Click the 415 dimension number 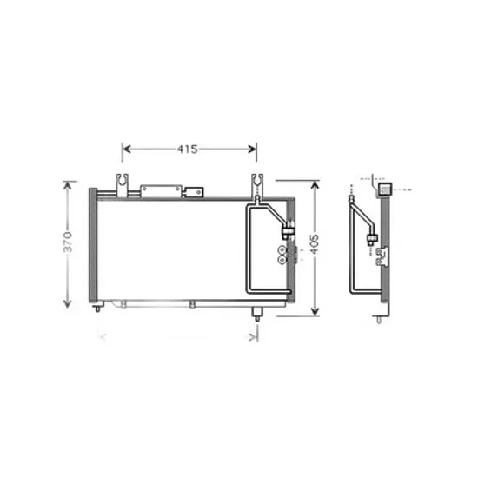[187, 149]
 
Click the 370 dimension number [68, 242]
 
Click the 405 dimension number [315, 244]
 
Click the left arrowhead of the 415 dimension [127, 149]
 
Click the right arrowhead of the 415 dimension [252, 149]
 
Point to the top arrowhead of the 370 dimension [68, 186]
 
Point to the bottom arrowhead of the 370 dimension [68, 303]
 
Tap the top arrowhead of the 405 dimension [315, 185]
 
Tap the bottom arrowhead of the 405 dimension [315, 311]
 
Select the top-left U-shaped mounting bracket [123, 185]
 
